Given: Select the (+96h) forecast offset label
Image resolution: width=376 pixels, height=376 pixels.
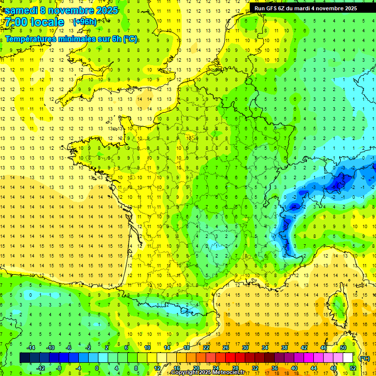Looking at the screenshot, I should click(x=84, y=22).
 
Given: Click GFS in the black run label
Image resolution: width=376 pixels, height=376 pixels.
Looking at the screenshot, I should click(x=271, y=8).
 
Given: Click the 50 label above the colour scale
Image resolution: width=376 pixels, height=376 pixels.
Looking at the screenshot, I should click(x=343, y=347).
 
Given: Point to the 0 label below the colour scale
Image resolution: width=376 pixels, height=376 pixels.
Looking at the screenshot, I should click(x=97, y=368).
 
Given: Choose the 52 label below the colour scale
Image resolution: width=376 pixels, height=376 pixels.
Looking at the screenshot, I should click(x=352, y=368).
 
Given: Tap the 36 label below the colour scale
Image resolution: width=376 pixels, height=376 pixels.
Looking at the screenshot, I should click(x=275, y=368).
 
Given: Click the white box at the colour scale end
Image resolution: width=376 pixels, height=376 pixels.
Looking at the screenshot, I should click(x=348, y=358).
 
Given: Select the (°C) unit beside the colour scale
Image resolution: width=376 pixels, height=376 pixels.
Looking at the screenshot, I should click(x=364, y=358).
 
